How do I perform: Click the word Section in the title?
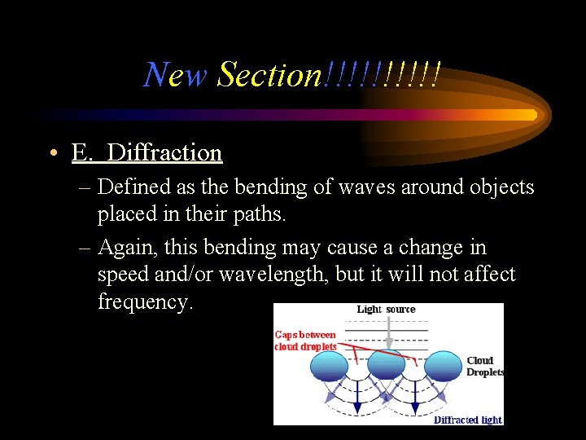pos(270,75)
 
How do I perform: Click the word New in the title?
pos(175,75)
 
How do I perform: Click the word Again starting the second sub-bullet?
pos(128,247)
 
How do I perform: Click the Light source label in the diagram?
pos(386,310)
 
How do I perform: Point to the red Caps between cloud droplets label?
pos(306,341)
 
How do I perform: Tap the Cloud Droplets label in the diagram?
pos(485,366)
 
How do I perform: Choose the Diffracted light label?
pos(467,420)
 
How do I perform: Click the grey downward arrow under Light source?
pos(388,330)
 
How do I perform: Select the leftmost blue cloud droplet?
pos(327,367)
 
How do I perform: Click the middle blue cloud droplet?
pos(386,366)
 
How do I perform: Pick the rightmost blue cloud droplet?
pos(444,366)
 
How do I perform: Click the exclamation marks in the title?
pos(383,75)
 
